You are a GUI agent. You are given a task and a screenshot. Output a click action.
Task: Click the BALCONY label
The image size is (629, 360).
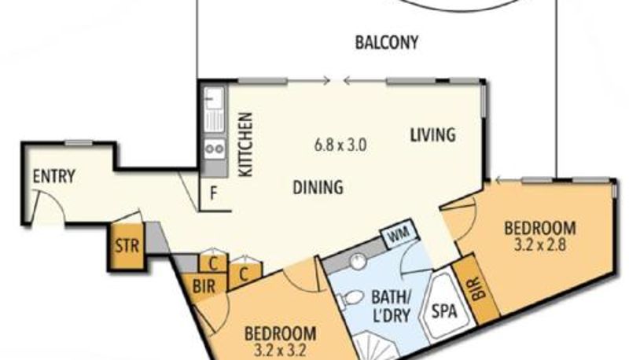387,42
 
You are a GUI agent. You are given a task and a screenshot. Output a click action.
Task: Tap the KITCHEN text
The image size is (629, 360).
245,145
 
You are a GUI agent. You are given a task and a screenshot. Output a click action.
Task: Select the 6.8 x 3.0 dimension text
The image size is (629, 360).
340,145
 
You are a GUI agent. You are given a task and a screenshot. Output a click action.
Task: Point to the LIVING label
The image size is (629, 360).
432,134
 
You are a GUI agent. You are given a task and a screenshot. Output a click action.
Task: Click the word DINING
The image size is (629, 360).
318,187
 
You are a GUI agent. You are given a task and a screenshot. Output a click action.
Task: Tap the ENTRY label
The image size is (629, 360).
53,176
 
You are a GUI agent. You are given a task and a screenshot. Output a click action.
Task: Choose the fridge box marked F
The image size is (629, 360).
215,194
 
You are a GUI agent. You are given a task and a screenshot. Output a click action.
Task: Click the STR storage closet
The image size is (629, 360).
127,246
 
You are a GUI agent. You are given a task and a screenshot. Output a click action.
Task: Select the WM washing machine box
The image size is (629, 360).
399,233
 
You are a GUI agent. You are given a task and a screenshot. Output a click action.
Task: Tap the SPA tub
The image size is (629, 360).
445,310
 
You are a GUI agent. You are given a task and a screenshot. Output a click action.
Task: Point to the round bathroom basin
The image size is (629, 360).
359,262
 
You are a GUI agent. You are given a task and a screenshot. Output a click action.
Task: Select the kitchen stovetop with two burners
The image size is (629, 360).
215,149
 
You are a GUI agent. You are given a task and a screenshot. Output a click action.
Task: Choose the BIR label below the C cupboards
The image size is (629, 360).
204,287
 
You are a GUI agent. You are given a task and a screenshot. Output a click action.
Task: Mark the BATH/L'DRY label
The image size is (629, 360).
391,307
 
